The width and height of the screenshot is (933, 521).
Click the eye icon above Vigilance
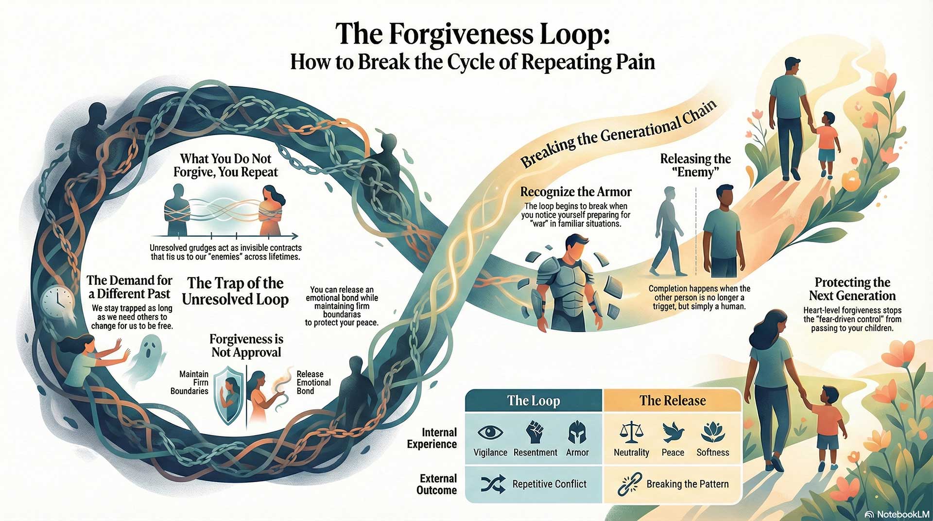(490, 433)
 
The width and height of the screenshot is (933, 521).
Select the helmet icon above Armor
(577, 432)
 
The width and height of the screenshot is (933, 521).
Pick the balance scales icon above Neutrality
(631, 432)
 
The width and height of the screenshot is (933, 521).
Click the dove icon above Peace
(673, 432)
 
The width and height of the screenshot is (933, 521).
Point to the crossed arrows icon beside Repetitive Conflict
(493, 484)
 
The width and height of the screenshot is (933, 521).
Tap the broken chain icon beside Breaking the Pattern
(629, 484)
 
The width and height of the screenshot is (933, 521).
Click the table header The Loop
(534, 401)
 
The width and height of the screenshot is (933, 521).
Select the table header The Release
(673, 401)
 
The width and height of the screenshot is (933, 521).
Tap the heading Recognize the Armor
(576, 192)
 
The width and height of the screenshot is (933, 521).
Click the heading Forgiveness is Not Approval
(246, 346)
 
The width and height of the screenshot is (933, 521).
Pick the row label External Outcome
(436, 484)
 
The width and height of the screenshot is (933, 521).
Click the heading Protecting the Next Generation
(852, 289)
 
